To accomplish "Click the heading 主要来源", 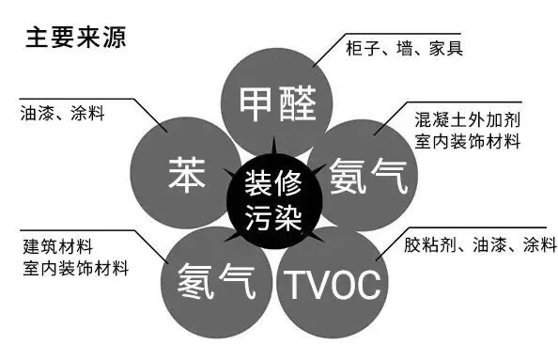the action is pyautogui.click(x=76, y=39).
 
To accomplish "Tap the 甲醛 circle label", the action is pyautogui.click(x=277, y=103).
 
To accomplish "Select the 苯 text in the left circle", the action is pyautogui.click(x=187, y=175).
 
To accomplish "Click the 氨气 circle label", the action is pyautogui.click(x=368, y=177).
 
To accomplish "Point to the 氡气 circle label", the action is pyautogui.click(x=216, y=281).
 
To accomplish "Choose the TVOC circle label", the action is pyautogui.click(x=333, y=285).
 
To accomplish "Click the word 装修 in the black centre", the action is pyautogui.click(x=273, y=182).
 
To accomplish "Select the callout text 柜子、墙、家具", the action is pyautogui.click(x=404, y=48).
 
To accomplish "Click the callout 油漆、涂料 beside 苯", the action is pyautogui.click(x=63, y=114).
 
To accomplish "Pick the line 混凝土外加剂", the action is pyautogui.click(x=468, y=120).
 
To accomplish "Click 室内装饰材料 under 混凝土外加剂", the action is pyautogui.click(x=468, y=141).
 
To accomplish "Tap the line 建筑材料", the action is pyautogui.click(x=58, y=246).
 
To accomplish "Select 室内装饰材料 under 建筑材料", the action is pyautogui.click(x=75, y=268).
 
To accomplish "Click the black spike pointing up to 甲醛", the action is pyautogui.click(x=273, y=146).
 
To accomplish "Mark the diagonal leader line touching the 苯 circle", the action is pyautogui.click(x=150, y=116).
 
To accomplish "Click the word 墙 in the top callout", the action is pyautogui.click(x=404, y=48).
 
